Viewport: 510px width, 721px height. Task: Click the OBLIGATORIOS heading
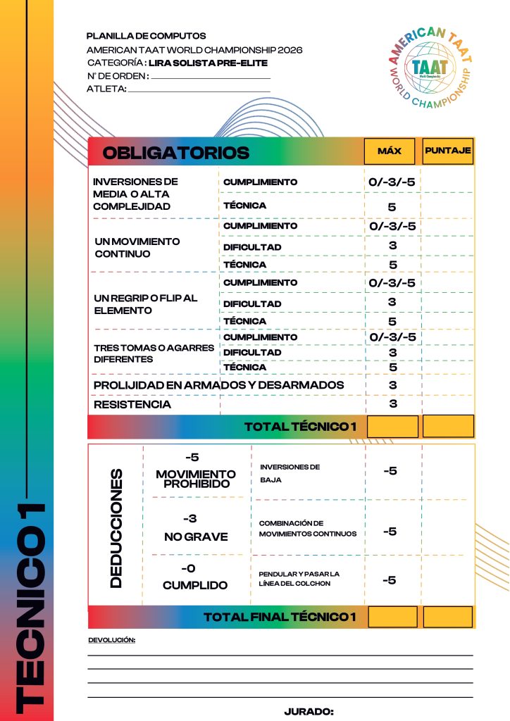pyautogui.click(x=176, y=153)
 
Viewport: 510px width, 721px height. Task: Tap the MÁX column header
pyautogui.click(x=390, y=151)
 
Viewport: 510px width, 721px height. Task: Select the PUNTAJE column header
pyautogui.click(x=447, y=150)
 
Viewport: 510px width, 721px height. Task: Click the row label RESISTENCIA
pyautogui.click(x=132, y=405)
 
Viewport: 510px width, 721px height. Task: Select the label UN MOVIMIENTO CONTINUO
pyautogui.click(x=137, y=247)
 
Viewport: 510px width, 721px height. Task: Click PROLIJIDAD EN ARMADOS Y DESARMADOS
pyautogui.click(x=218, y=385)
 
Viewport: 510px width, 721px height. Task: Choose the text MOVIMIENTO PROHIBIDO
pyautogui.click(x=196, y=479)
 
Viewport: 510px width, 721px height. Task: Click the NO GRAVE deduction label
pyautogui.click(x=196, y=537)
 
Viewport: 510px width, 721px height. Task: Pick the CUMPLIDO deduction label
pyautogui.click(x=195, y=585)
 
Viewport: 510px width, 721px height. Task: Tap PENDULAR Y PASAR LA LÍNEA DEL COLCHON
pyautogui.click(x=299, y=579)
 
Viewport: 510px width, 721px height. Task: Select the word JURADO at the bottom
pyautogui.click(x=309, y=712)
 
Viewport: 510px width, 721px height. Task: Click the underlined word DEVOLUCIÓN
pyautogui.click(x=111, y=640)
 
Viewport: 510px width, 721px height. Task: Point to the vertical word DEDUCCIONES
pyautogui.click(x=116, y=527)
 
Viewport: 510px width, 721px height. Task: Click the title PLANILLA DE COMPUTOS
pyautogui.click(x=146, y=36)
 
